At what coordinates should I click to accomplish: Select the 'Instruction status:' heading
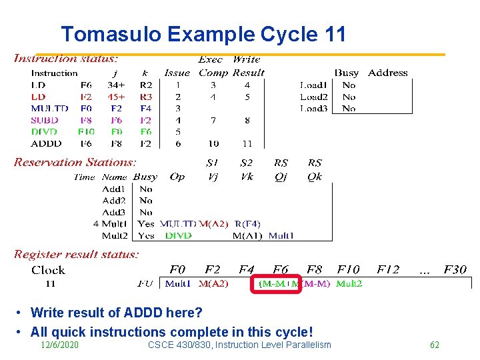point(67,59)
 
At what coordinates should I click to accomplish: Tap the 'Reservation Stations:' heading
point(75,162)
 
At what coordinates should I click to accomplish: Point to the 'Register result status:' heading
point(77,254)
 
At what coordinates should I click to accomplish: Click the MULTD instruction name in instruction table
point(49,108)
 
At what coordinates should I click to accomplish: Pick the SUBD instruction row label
point(45,120)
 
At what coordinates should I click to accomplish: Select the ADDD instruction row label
point(46,143)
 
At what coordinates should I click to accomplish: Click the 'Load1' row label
point(313,85)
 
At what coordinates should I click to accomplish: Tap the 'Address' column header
point(387,73)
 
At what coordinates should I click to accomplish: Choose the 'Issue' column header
point(177,73)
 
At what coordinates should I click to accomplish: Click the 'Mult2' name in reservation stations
point(114,235)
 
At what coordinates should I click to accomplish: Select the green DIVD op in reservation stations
point(178,235)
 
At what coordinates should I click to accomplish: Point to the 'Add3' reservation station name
point(114,212)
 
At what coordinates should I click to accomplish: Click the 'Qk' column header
point(315,177)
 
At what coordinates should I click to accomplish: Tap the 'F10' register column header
point(348,270)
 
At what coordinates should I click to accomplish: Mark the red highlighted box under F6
point(277,283)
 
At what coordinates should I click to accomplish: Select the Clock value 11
point(51,283)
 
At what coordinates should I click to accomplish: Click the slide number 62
point(434,345)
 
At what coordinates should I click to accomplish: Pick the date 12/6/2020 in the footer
point(59,345)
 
